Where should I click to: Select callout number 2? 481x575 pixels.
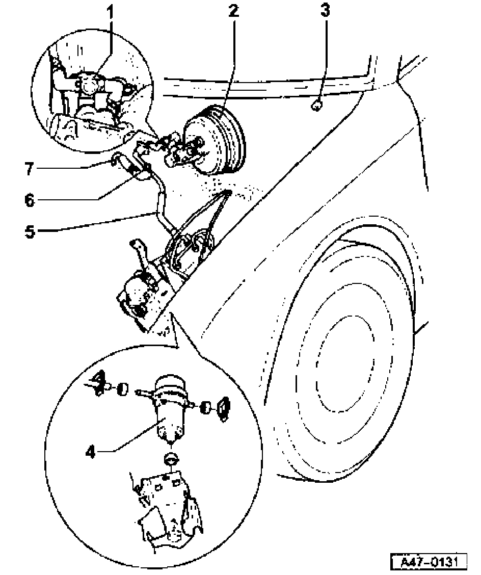coord(233,12)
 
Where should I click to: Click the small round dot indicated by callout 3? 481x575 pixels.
coord(316,106)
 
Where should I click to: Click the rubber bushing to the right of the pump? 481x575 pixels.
coord(206,407)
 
